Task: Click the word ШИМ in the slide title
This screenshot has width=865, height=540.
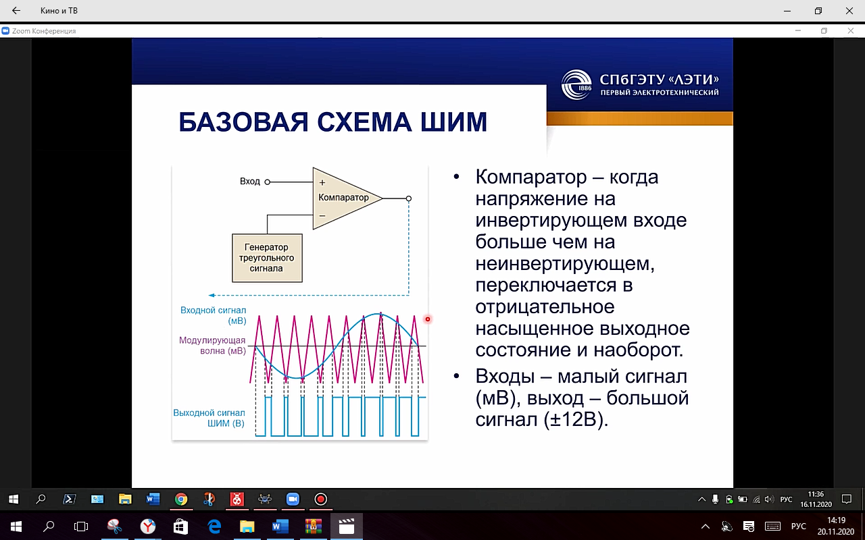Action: coord(453,122)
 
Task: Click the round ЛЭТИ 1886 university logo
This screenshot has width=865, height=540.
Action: coord(576,84)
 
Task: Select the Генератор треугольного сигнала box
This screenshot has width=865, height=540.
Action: coord(267,258)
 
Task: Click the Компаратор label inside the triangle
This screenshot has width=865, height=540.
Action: coord(343,198)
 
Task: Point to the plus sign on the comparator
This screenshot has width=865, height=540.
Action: coord(322,182)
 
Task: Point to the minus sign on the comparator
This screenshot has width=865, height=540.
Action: coord(322,215)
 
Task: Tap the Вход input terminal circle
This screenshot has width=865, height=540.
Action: coord(267,182)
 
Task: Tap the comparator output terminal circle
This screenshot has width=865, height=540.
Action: coord(409,198)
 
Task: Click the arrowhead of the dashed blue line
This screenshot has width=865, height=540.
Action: coord(212,296)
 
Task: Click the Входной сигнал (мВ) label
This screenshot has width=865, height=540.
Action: coord(213,315)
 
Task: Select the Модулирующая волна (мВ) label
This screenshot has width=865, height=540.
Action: coord(212,346)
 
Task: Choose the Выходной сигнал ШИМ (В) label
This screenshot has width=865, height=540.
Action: coord(209,418)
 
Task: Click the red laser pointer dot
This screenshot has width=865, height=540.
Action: coord(428,319)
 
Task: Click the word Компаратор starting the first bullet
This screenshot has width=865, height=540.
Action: coord(531,177)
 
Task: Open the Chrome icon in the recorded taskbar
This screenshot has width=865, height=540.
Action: coord(180,499)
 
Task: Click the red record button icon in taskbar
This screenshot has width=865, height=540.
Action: coord(320,499)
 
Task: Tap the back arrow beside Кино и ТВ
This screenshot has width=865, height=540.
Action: coord(16,10)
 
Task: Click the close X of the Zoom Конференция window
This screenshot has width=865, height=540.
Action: coord(850,30)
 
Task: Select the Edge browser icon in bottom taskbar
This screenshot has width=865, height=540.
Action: coord(214,526)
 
